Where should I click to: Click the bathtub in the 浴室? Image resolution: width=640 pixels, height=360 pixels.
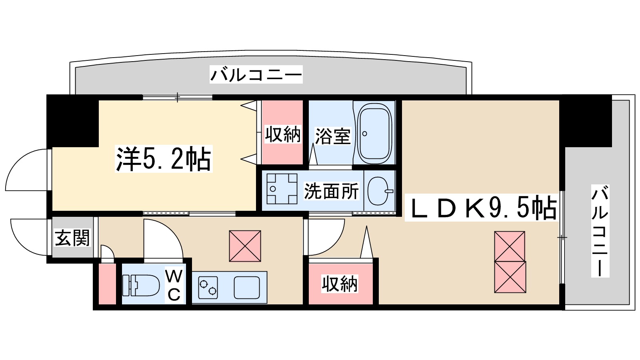click(374, 133)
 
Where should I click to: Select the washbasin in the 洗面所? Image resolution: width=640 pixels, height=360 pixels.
click(378, 191)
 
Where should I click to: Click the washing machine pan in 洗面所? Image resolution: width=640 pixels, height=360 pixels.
click(282, 189)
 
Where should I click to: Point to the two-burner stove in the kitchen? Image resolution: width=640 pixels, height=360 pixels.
click(208, 288)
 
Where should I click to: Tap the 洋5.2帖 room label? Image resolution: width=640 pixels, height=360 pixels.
click(163, 159)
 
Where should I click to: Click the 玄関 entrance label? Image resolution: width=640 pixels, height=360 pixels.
click(72, 238)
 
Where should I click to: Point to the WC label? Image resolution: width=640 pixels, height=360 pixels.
click(174, 285)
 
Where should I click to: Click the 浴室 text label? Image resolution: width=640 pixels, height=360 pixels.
click(332, 136)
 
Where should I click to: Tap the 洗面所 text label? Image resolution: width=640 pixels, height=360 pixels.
click(331, 191)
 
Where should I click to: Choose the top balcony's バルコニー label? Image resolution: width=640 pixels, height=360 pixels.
click(256, 75)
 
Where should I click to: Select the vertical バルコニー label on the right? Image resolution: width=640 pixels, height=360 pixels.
click(600, 231)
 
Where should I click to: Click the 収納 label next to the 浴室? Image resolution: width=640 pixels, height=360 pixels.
click(282, 134)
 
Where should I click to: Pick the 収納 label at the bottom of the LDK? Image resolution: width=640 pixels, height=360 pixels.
click(340, 284)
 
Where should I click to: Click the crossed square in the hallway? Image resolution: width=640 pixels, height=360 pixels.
click(245, 246)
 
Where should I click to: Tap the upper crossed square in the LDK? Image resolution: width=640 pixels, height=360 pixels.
click(510, 246)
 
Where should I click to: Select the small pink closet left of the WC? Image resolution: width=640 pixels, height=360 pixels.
click(107, 284)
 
